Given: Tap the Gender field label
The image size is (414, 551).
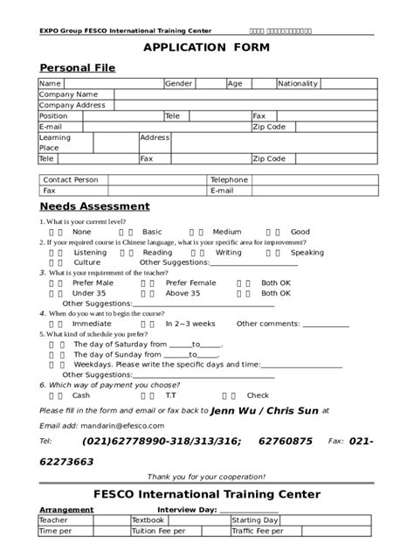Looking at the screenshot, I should (179, 84).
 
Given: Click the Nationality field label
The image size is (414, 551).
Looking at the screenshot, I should (298, 84).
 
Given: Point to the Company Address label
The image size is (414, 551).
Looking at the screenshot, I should (72, 105).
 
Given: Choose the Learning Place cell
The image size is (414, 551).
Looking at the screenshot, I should (55, 143).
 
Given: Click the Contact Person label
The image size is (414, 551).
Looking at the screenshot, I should (70, 179).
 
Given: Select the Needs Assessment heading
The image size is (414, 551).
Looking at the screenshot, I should (94, 206).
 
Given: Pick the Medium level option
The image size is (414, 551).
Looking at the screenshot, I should (226, 232).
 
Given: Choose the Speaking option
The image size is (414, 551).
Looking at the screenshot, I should (307, 252).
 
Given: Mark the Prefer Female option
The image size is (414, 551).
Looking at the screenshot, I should (190, 282).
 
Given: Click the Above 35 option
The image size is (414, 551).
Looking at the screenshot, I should (183, 293).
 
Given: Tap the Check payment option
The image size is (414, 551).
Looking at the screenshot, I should (258, 394).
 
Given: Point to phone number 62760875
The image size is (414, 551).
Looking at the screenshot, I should (285, 442).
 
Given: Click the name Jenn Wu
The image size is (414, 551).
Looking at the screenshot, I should (232, 409).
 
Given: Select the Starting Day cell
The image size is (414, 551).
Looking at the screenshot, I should (254, 520).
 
